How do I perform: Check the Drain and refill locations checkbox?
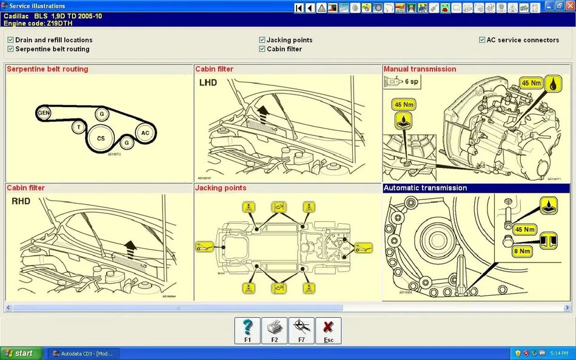coord(11,40)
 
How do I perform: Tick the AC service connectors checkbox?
coord(482,40)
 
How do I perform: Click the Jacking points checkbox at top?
coord(262,40)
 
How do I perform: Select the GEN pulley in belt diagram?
coord(44,113)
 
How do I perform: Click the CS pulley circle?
coord(101,138)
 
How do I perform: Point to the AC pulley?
coord(145,133)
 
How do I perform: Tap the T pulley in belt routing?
coord(78,127)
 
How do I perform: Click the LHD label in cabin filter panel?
coord(208,82)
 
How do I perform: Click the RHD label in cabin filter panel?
coord(21,201)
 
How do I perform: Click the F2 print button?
coord(274,331)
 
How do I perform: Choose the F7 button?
coord(301,331)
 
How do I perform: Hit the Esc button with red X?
coord(328,331)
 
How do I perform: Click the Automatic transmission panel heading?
coord(425,188)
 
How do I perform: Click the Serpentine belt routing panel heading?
coord(47,69)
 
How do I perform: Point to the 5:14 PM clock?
coord(559,353)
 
